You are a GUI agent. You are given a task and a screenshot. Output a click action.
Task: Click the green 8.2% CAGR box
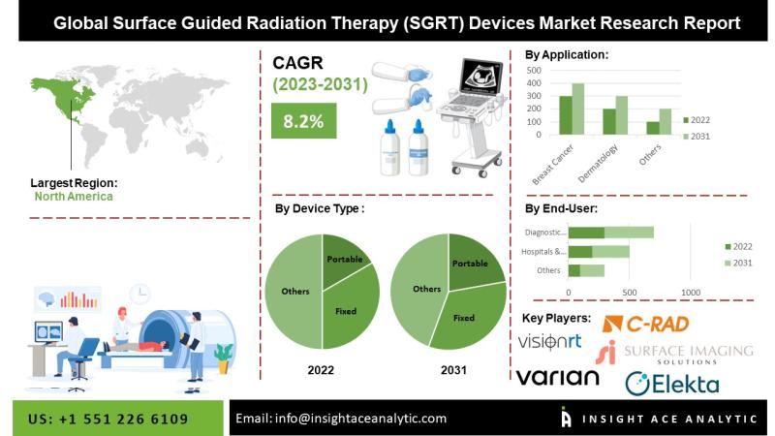pos(303,120)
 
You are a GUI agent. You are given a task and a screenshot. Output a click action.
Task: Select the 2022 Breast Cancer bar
pos(566,115)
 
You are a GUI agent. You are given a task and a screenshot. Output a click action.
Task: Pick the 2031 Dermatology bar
pos(621,115)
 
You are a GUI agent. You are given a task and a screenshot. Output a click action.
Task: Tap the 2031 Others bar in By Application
pos(666,122)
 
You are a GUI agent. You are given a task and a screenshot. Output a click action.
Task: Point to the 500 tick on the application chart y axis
pos(534,70)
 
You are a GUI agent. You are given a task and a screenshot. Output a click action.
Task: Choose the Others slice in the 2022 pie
pos(294,292)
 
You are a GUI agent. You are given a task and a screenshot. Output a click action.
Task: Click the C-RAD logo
pos(645,325)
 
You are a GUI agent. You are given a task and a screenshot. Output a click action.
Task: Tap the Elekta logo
pos(672,384)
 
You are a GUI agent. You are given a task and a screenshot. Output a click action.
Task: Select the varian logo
pos(558,377)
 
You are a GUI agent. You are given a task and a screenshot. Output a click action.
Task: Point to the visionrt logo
pos(549,342)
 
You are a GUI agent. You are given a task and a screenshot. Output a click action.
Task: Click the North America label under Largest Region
pos(74,197)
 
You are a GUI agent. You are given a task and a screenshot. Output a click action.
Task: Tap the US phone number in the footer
pos(108,420)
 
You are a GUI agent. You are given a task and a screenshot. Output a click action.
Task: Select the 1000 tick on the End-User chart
pos(691,293)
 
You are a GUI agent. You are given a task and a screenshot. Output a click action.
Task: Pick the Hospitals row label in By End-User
pos(543,252)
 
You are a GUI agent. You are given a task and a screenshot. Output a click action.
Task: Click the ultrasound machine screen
pos(481,76)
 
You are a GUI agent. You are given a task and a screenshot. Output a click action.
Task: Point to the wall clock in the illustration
pos(139,295)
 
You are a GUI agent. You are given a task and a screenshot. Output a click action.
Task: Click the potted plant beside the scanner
pos(224,358)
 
